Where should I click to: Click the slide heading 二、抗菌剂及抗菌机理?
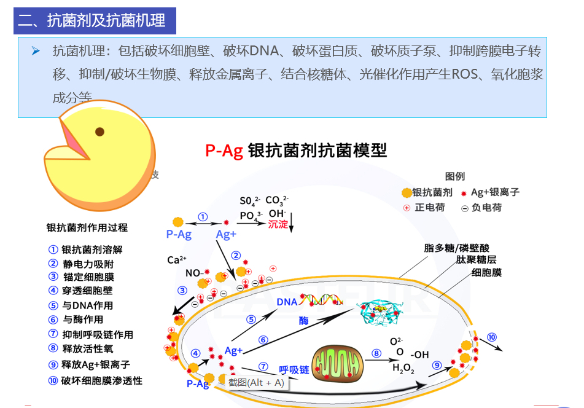pos(91,20)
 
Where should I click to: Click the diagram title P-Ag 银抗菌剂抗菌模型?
pos(296,151)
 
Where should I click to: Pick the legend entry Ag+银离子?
pos(494,192)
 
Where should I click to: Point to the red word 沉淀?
pos(278,224)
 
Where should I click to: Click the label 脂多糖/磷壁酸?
pos(457,248)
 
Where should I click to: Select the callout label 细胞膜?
pos(486,272)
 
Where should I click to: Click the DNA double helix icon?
pos(321,300)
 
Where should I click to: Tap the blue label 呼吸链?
pos(294,370)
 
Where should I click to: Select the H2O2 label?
pos(403,369)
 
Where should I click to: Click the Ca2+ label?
pos(177,260)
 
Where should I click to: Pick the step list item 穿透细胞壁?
pos(88,291)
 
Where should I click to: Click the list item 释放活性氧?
pos(88,349)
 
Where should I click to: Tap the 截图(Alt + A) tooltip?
pos(256,383)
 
